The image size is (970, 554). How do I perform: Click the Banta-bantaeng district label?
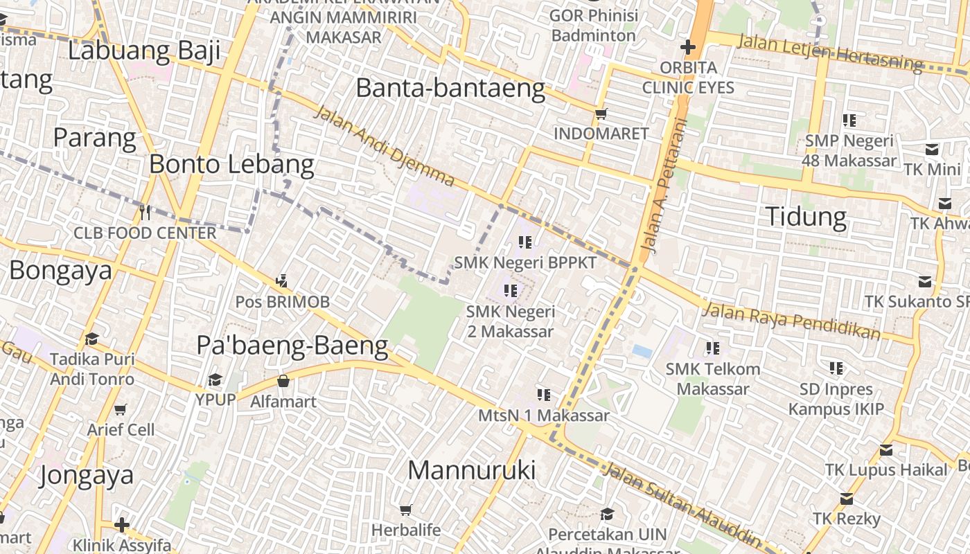pyautogui.click(x=450, y=89)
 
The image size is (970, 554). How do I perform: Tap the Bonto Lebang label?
pyautogui.click(x=231, y=165)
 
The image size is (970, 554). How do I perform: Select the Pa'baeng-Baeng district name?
pyautogui.click(x=292, y=346)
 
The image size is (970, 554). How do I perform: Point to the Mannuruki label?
pyautogui.click(x=471, y=470)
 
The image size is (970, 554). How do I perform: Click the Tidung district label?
pyautogui.click(x=806, y=217)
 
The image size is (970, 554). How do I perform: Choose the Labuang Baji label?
pyautogui.click(x=144, y=51)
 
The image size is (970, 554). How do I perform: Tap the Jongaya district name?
pyautogui.click(x=87, y=476)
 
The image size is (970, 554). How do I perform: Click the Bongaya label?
pyautogui.click(x=60, y=270)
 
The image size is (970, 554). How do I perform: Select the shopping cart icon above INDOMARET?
pyautogui.click(x=601, y=114)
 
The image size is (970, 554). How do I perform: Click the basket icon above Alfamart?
pyautogui.click(x=283, y=381)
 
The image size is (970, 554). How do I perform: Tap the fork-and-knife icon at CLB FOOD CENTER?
pyautogui.click(x=144, y=212)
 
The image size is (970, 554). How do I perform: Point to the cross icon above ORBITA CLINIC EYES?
pyautogui.click(x=687, y=47)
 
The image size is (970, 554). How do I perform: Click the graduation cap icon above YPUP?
pyautogui.click(x=215, y=379)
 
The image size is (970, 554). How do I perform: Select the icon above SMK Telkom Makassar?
pyautogui.click(x=712, y=348)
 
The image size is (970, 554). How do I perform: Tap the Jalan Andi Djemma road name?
pyautogui.click(x=385, y=146)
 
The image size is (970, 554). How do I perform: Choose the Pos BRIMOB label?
pyautogui.click(x=282, y=302)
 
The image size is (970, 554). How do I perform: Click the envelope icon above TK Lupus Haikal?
pyautogui.click(x=885, y=450)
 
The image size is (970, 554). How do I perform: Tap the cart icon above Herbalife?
pyautogui.click(x=406, y=510)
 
